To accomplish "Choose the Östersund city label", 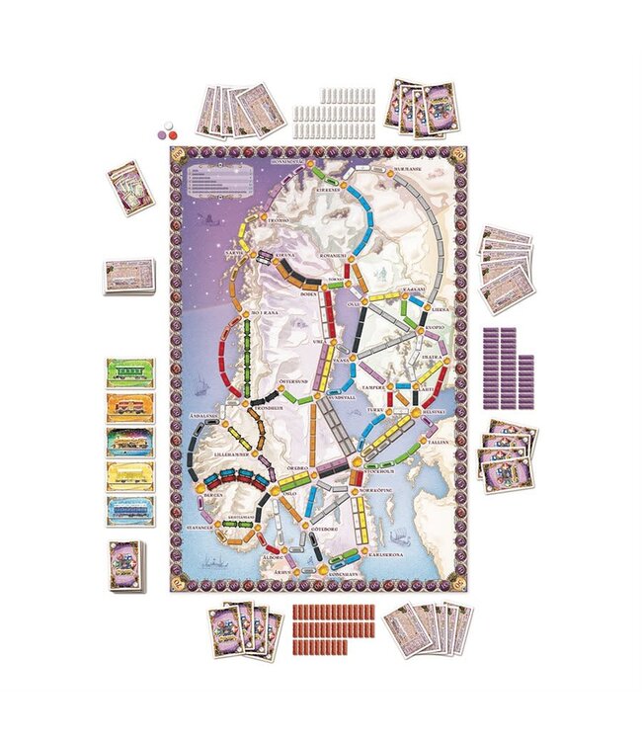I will coord(293,378).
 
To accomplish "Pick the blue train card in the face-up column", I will coord(128,510).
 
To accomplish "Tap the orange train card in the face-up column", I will coord(128,406).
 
